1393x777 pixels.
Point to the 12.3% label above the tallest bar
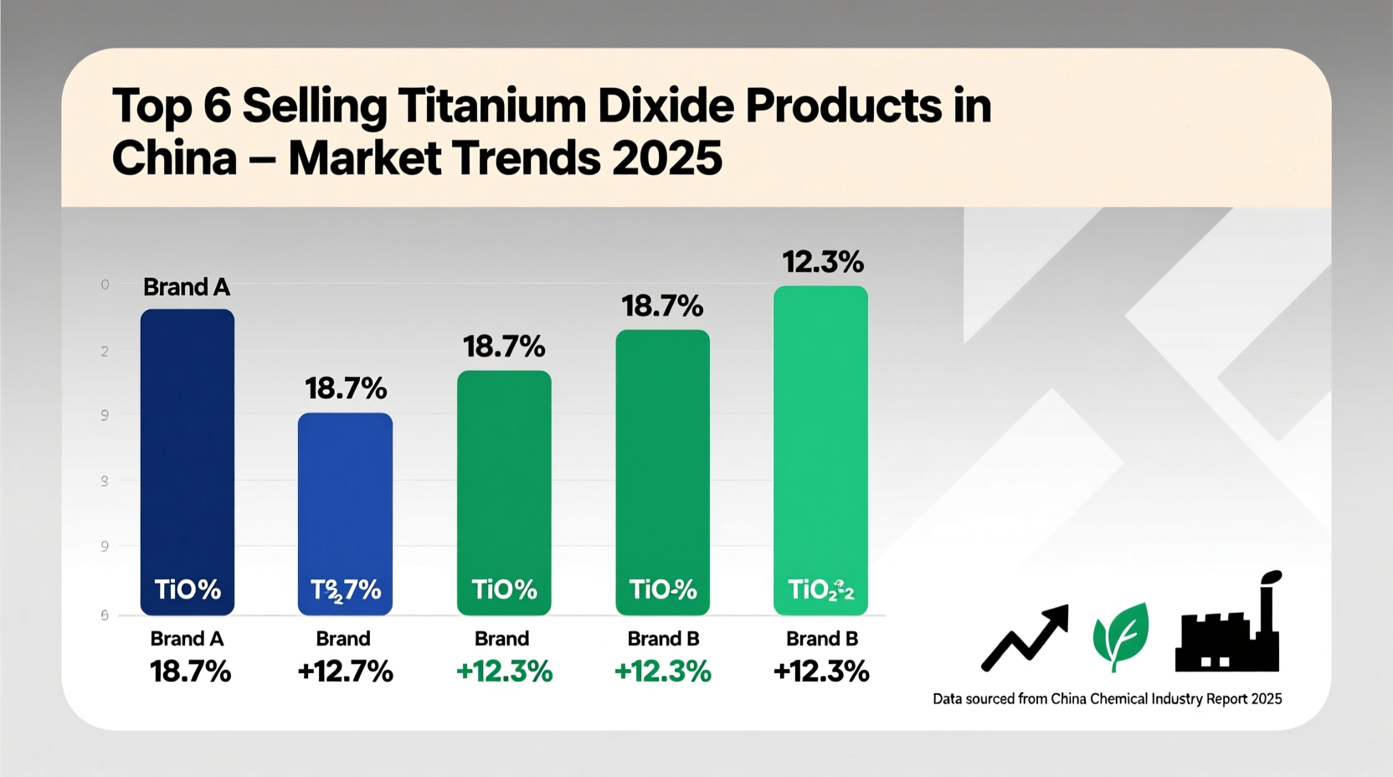pos(822,263)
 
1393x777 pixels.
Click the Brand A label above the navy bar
pos(186,287)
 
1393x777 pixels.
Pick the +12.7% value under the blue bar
pos(345,672)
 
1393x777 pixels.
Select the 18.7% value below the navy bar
pos(190,672)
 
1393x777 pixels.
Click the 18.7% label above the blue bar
pos(346,388)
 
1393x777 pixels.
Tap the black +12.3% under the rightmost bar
pos(820,672)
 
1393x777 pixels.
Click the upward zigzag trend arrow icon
pos(1025,638)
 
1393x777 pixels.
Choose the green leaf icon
pos(1120,636)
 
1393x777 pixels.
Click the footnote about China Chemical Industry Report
pos(1107,699)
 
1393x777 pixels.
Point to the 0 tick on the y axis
pos(105,285)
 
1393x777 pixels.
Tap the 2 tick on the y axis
pos(105,352)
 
